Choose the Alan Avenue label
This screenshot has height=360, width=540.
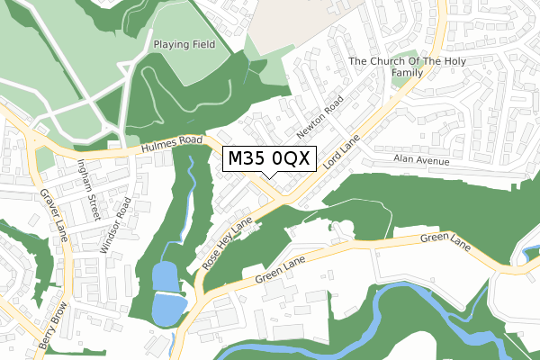point(420,159)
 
